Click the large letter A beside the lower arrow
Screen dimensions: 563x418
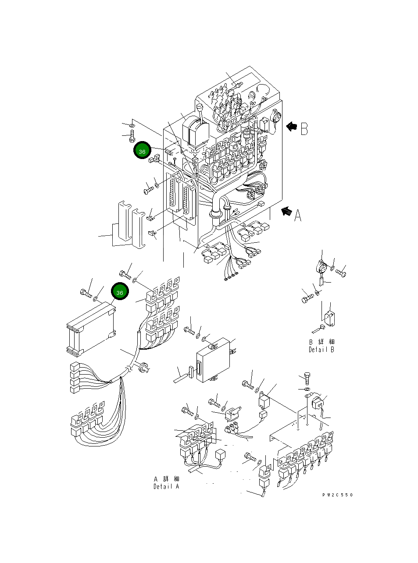point(298,216)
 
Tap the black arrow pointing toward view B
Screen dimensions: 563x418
point(291,127)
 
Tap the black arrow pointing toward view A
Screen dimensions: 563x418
point(286,211)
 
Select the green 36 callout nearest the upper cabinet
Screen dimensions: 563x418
point(142,151)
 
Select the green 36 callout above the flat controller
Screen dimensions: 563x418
point(120,292)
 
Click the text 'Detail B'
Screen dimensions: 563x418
point(321,350)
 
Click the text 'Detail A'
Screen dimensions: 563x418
point(166,487)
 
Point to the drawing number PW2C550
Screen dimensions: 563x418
point(337,495)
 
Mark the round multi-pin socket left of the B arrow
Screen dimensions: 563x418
point(276,118)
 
